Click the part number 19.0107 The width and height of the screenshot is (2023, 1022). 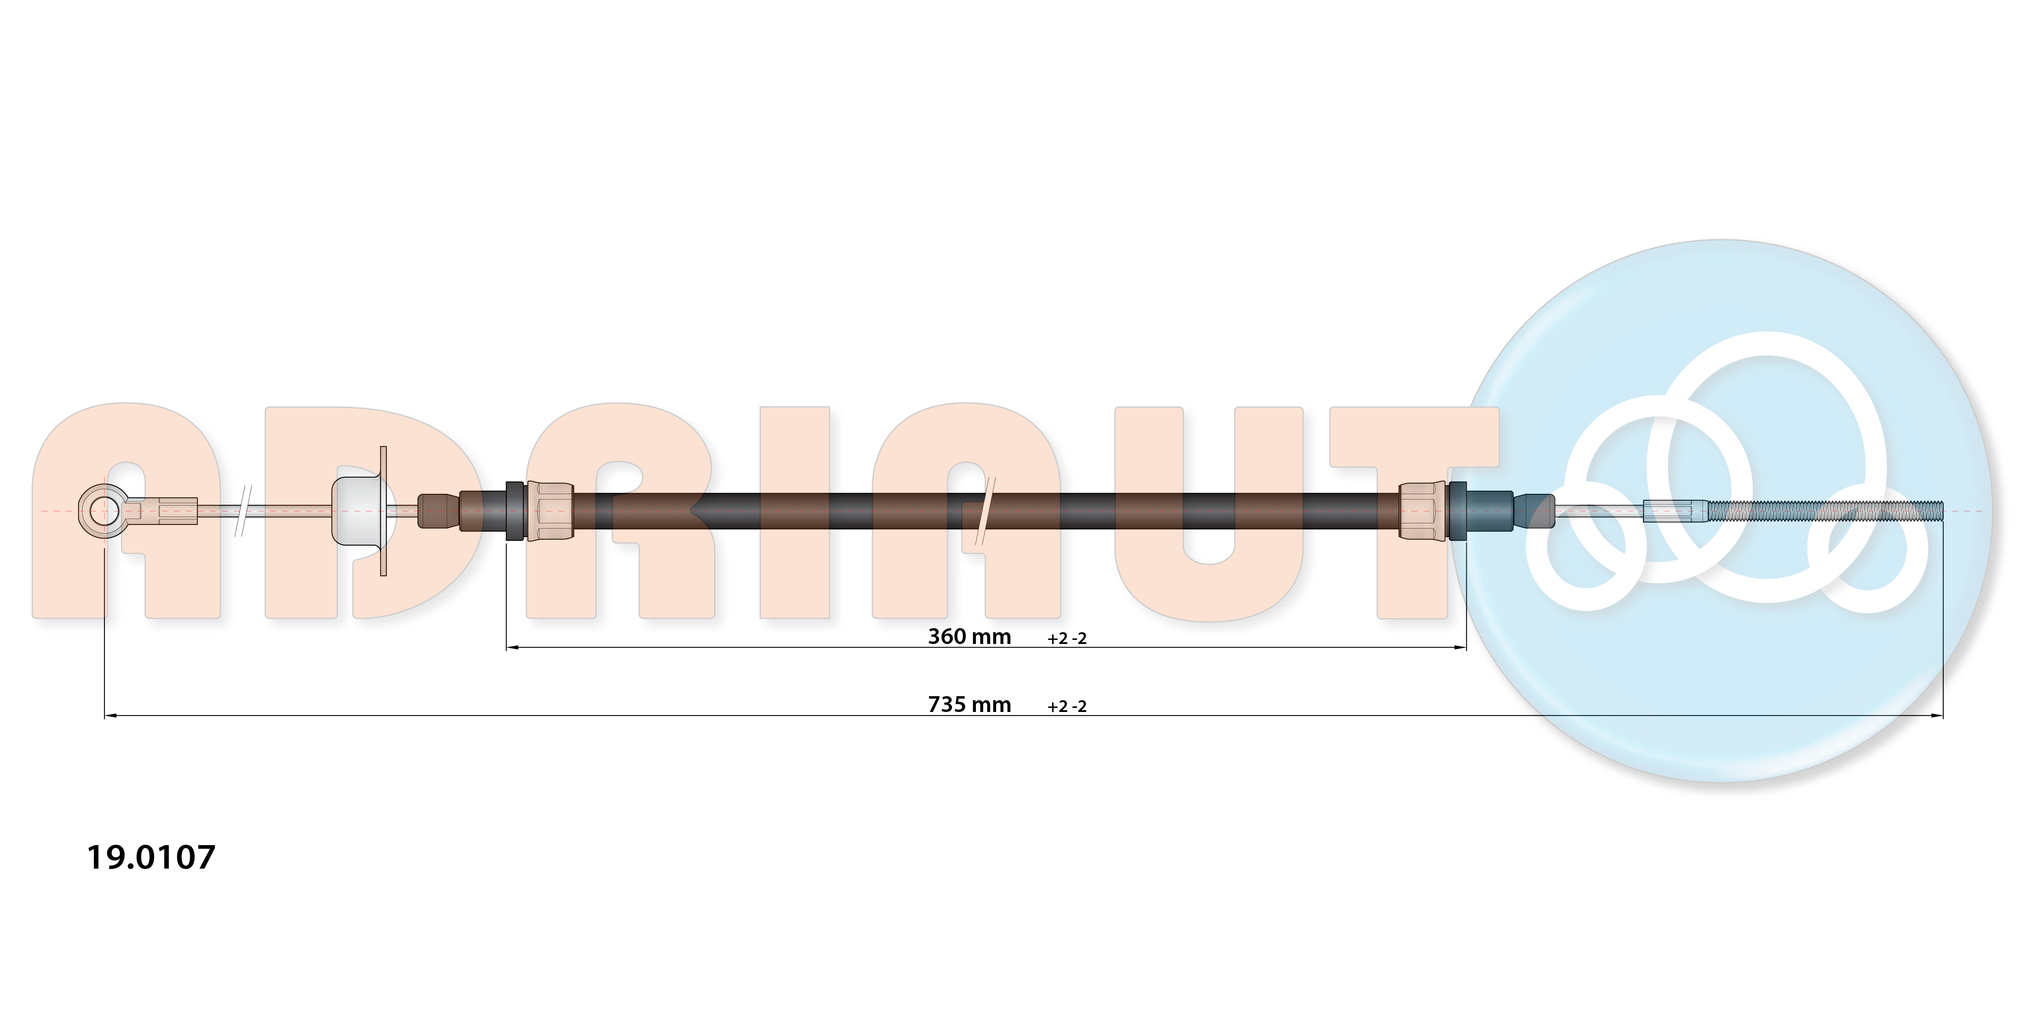[151, 857]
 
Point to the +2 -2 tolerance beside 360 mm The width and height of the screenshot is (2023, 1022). [1067, 639]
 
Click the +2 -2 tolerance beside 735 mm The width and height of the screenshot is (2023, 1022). [1067, 706]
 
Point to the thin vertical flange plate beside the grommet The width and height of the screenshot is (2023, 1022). [383, 511]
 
